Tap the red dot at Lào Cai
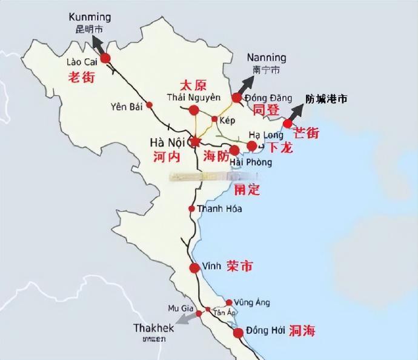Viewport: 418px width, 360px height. click(x=106, y=58)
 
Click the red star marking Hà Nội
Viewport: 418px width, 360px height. click(x=194, y=141)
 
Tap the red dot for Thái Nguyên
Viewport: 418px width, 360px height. click(x=194, y=110)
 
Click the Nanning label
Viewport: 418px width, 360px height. click(x=267, y=58)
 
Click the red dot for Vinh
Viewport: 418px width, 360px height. click(x=194, y=268)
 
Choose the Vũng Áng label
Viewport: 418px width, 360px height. click(x=253, y=302)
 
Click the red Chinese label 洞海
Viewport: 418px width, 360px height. click(x=302, y=332)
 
